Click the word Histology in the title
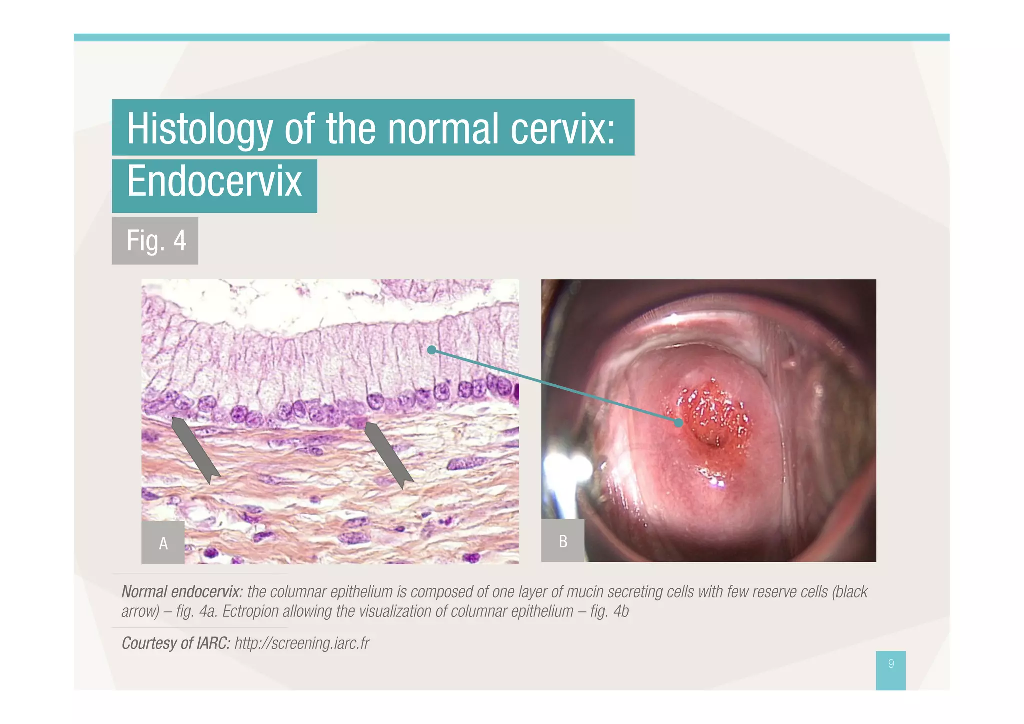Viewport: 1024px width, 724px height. click(x=199, y=129)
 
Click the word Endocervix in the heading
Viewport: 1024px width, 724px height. click(x=214, y=181)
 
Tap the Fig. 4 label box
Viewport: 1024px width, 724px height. click(x=155, y=241)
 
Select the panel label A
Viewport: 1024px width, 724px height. click(x=163, y=543)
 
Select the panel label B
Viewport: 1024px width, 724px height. click(x=563, y=541)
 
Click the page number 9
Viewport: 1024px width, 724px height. click(x=890, y=664)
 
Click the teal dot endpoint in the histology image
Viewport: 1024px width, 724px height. click(x=432, y=350)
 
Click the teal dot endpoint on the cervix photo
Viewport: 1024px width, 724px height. click(x=678, y=423)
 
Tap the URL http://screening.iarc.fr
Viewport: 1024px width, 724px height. click(x=302, y=643)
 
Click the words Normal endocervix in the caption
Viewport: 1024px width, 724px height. click(x=182, y=592)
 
